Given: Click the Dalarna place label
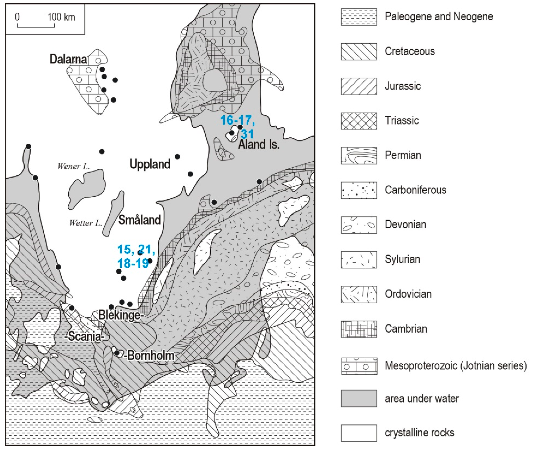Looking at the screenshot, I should pyautogui.click(x=68, y=59).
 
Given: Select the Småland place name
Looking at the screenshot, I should pyautogui.click(x=140, y=220).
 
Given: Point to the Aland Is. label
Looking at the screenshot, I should pyautogui.click(x=259, y=145).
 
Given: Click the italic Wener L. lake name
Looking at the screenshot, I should pyautogui.click(x=73, y=167).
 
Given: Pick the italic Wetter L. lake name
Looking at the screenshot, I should pyautogui.click(x=85, y=223).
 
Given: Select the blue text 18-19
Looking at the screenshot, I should pyautogui.click(x=133, y=263).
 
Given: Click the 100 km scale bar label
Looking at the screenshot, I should pyautogui.click(x=61, y=17).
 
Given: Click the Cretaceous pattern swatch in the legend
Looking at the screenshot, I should pyautogui.click(x=359, y=52).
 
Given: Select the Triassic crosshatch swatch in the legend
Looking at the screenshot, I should pyautogui.click(x=359, y=121).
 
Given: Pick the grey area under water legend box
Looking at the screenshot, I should pyautogui.click(x=359, y=398).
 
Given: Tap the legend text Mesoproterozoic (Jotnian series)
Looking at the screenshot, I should pyautogui.click(x=455, y=366).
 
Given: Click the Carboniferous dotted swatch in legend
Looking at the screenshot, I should pyautogui.click(x=359, y=190).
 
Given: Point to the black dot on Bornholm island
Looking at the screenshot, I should pyautogui.click(x=117, y=353).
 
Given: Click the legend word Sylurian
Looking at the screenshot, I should pyautogui.click(x=402, y=259).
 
